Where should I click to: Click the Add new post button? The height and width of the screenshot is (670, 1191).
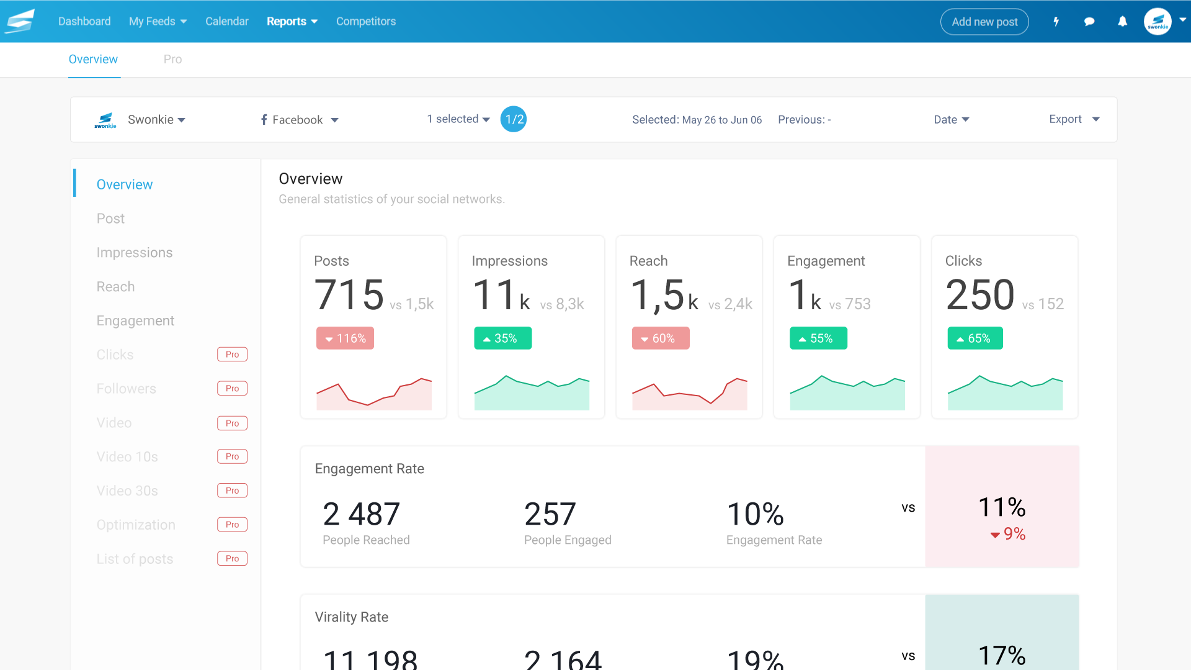(984, 22)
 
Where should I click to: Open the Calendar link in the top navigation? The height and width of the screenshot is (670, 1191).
(226, 21)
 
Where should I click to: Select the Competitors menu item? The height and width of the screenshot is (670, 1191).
(365, 21)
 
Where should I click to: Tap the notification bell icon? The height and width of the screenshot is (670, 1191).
(1122, 22)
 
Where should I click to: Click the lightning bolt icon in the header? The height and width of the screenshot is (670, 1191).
(1056, 22)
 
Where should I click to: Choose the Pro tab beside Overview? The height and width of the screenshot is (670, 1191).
(172, 59)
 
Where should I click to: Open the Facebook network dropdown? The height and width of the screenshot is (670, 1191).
(299, 120)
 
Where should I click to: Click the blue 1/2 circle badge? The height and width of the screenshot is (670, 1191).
(514, 119)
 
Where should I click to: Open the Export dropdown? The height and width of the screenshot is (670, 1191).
(1074, 119)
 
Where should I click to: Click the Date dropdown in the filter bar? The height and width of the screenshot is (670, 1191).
(951, 120)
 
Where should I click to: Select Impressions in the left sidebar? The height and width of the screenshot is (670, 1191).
(135, 253)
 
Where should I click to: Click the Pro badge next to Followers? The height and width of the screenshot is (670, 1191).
(232, 389)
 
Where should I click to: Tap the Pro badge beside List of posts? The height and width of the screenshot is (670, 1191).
(232, 559)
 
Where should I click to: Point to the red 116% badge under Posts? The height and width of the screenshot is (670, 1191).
(345, 338)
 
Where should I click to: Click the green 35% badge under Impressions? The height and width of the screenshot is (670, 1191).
(502, 338)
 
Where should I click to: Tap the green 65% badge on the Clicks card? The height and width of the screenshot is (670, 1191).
(975, 338)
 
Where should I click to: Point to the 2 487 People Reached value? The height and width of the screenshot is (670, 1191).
(361, 514)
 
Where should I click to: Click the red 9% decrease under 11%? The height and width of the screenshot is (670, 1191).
(1008, 534)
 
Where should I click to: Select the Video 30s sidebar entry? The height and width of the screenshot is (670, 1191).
(127, 491)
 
